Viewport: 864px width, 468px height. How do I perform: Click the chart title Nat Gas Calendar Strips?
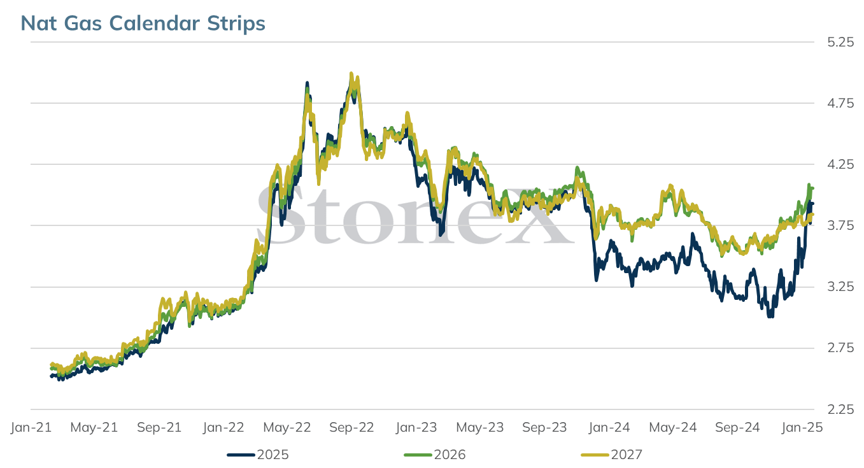point(143,23)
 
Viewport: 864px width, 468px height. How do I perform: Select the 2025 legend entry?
point(258,455)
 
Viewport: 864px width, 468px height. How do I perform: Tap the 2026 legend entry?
point(435,455)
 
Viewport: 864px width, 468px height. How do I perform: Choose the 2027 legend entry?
point(612,455)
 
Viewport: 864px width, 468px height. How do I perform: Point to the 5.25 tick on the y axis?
point(840,42)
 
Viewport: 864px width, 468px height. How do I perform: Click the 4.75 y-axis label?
point(840,103)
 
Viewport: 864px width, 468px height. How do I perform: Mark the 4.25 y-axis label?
point(840,165)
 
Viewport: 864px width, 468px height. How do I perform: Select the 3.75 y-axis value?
point(840,225)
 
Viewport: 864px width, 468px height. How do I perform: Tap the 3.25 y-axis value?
point(840,287)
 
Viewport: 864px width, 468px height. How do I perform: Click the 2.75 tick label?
point(840,348)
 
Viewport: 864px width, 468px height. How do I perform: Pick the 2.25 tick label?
point(840,409)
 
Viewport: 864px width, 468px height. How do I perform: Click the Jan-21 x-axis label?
point(31,427)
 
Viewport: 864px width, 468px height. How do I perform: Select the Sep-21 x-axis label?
point(159,427)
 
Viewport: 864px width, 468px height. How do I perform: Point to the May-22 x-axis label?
point(287,427)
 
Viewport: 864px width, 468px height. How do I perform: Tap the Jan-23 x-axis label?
point(416,427)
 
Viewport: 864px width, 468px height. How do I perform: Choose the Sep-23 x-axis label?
point(544,427)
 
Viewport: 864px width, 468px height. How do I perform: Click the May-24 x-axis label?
point(673,427)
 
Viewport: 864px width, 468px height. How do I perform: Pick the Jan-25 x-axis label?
point(802,427)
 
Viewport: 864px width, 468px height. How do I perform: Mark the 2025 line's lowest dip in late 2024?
point(770,316)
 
